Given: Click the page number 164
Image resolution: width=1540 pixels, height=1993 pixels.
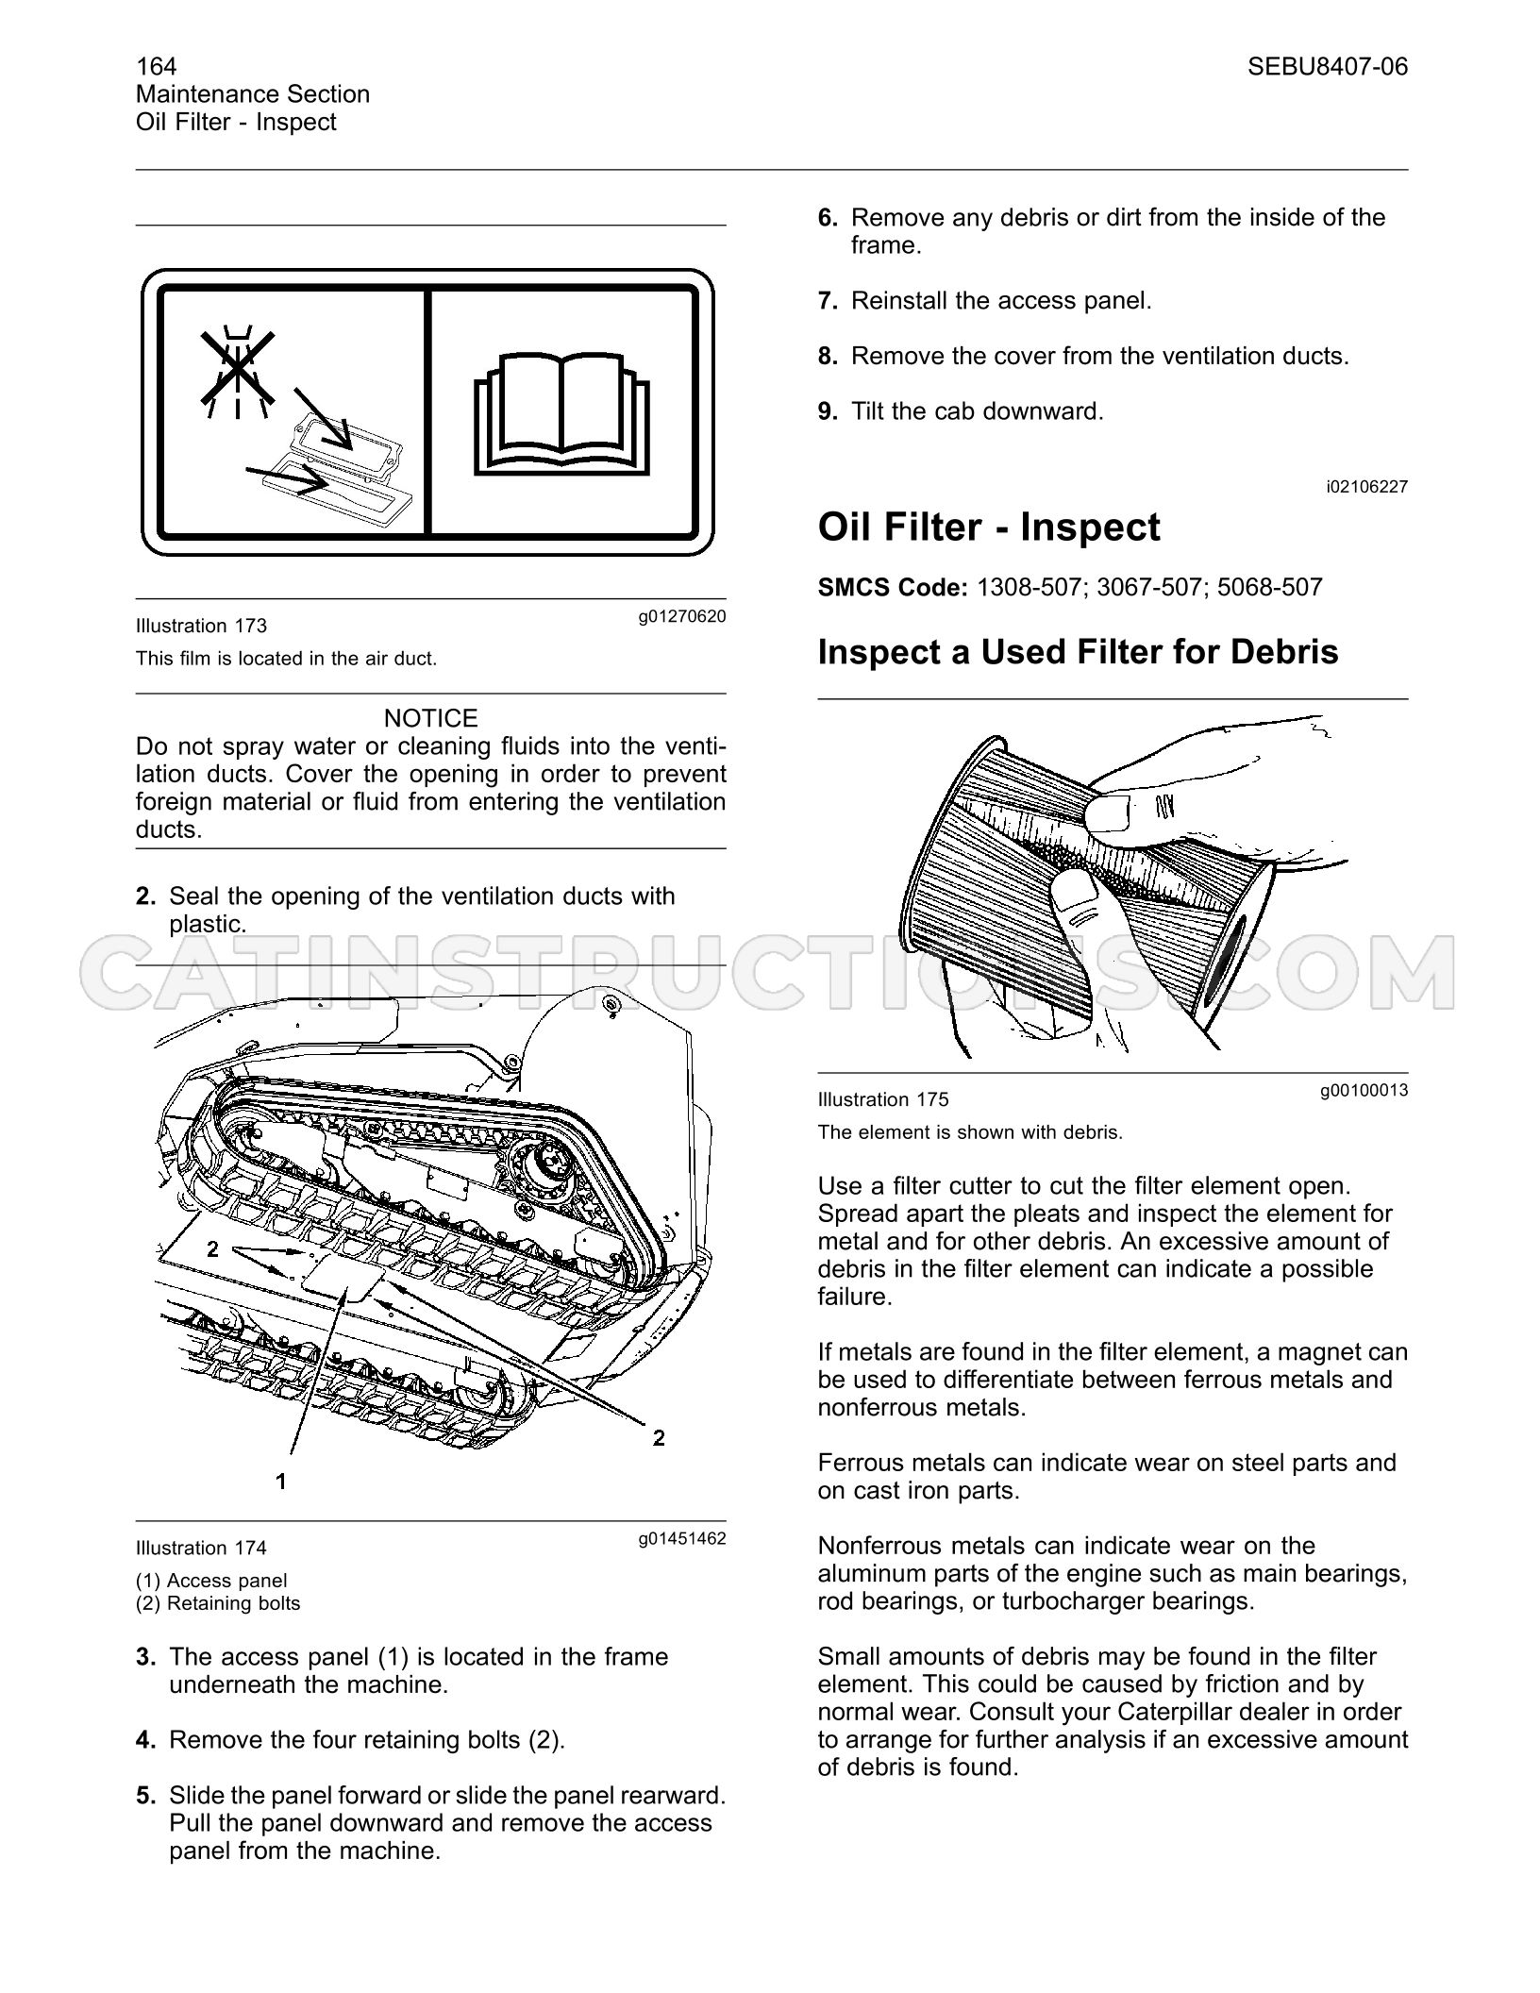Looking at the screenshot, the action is tap(156, 66).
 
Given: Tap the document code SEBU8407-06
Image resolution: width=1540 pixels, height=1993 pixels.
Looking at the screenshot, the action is tap(1327, 66).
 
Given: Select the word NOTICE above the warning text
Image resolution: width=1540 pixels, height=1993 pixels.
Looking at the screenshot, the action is tap(430, 718).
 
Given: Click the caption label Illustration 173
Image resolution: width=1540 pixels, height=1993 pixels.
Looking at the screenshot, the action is tap(201, 626).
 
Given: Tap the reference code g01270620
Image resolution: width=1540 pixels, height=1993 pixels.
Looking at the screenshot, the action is tap(681, 617).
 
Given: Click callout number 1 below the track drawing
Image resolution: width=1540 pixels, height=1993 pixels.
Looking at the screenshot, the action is tap(280, 1482).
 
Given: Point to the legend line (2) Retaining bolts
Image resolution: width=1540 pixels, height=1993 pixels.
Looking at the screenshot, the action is tap(218, 1603).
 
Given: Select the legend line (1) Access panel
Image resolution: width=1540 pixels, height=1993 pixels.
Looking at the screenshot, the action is tap(211, 1581).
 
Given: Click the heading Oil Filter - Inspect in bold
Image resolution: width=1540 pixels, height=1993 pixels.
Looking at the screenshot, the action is tap(989, 527).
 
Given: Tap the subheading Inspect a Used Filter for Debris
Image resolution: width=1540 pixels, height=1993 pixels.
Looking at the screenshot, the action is tap(1078, 652).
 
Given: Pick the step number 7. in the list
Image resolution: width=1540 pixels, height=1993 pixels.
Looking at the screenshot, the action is tap(828, 301).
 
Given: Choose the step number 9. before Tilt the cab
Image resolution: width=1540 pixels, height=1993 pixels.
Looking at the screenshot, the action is tap(828, 411).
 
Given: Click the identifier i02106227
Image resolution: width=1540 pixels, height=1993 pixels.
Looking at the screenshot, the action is tap(1366, 487).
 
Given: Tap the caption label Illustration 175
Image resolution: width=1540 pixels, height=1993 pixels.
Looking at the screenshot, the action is tap(883, 1099).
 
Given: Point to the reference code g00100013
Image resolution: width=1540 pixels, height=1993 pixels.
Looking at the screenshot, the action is tap(1364, 1091).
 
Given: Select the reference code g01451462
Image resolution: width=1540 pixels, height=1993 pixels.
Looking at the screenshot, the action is tap(681, 1539).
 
